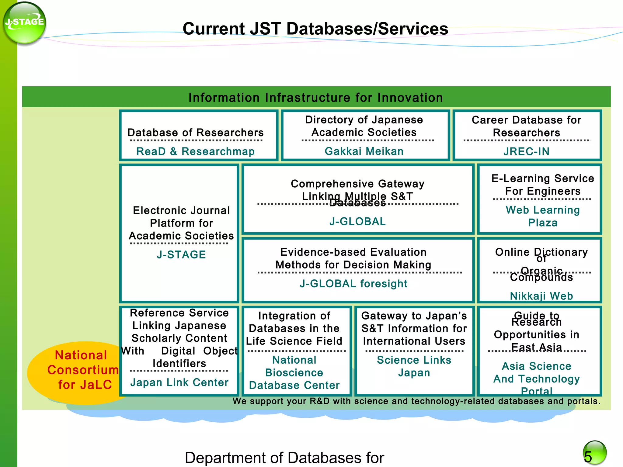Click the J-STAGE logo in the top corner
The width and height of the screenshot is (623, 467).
pos(24,23)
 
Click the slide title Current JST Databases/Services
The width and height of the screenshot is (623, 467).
pos(315,29)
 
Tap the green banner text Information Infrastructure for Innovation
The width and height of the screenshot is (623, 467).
pos(315,98)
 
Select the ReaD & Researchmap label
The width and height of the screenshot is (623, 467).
pos(195,151)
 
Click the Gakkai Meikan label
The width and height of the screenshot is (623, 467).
pos(364,151)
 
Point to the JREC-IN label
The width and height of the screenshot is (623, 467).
pos(526,151)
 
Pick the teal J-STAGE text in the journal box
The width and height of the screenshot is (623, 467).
pos(181,254)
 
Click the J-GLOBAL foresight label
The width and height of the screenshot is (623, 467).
pos(353,284)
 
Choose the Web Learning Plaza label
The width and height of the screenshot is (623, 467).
pos(543,216)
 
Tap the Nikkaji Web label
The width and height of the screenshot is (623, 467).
pos(541,296)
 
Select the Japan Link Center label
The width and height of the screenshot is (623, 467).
pos(179,382)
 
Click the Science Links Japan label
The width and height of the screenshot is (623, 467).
pos(414,366)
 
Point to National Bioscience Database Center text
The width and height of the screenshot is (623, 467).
pos(294,372)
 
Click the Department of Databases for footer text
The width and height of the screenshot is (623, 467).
pos(284,458)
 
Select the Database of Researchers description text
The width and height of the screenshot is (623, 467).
pos(195,133)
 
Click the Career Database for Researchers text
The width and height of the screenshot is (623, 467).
pos(526,126)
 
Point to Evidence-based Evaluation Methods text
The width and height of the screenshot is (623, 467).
pos(353,258)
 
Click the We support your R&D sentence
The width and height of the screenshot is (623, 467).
pos(416,401)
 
